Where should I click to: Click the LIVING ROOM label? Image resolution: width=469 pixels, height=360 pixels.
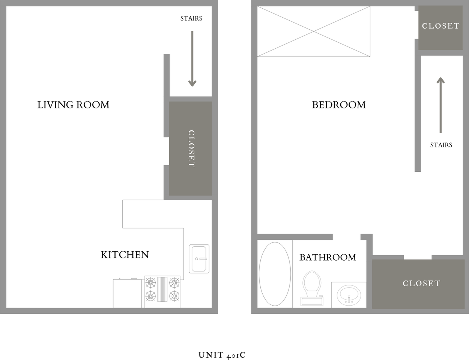click(x=73, y=105)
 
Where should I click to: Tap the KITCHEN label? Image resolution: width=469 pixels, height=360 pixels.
click(x=125, y=255)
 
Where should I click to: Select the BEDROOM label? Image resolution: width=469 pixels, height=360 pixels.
click(x=338, y=105)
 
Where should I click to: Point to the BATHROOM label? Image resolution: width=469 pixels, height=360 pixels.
click(x=328, y=257)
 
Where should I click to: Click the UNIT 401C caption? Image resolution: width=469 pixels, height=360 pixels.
click(x=222, y=355)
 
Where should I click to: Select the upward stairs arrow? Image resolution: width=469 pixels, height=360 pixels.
click(x=440, y=105)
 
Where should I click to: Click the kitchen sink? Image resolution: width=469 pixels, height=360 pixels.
click(x=199, y=258)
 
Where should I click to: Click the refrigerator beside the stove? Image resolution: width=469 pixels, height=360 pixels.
click(x=127, y=293)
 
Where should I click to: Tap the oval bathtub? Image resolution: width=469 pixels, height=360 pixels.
click(x=274, y=274)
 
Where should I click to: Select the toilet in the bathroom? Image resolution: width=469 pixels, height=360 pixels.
click(x=311, y=288)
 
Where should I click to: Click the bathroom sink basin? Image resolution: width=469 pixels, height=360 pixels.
click(x=349, y=294)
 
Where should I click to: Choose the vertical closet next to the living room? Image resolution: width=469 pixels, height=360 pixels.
click(x=191, y=148)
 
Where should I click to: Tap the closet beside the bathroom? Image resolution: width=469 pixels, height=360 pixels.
click(x=421, y=283)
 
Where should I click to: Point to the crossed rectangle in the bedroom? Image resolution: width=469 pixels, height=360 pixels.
click(x=314, y=32)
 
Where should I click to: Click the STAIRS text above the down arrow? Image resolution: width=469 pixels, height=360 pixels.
click(x=191, y=18)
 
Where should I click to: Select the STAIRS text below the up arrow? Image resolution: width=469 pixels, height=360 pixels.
click(x=441, y=145)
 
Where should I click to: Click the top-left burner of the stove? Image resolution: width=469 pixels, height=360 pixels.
click(x=151, y=282)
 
